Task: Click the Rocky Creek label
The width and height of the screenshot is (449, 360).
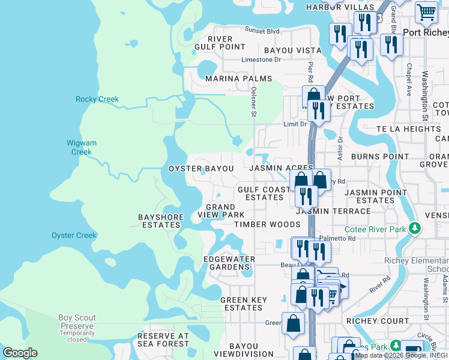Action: [97, 100]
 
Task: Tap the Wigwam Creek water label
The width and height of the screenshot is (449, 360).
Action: [82, 148]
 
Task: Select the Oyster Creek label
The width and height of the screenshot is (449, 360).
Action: [74, 236]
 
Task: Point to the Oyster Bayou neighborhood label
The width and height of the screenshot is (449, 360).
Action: [201, 169]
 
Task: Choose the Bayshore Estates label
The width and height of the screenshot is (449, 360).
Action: [160, 221]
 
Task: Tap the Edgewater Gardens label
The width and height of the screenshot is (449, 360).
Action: [229, 263]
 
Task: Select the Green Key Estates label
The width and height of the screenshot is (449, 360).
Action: [242, 304]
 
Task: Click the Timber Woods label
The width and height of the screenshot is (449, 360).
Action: [267, 224]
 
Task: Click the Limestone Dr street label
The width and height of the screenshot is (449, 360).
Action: [261, 60]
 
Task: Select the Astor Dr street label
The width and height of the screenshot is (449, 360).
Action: [340, 148]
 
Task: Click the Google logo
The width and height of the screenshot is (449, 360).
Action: [20, 353]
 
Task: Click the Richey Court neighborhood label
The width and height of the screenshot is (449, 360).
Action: [378, 321]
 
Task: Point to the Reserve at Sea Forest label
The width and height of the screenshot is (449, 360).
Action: [163, 340]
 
